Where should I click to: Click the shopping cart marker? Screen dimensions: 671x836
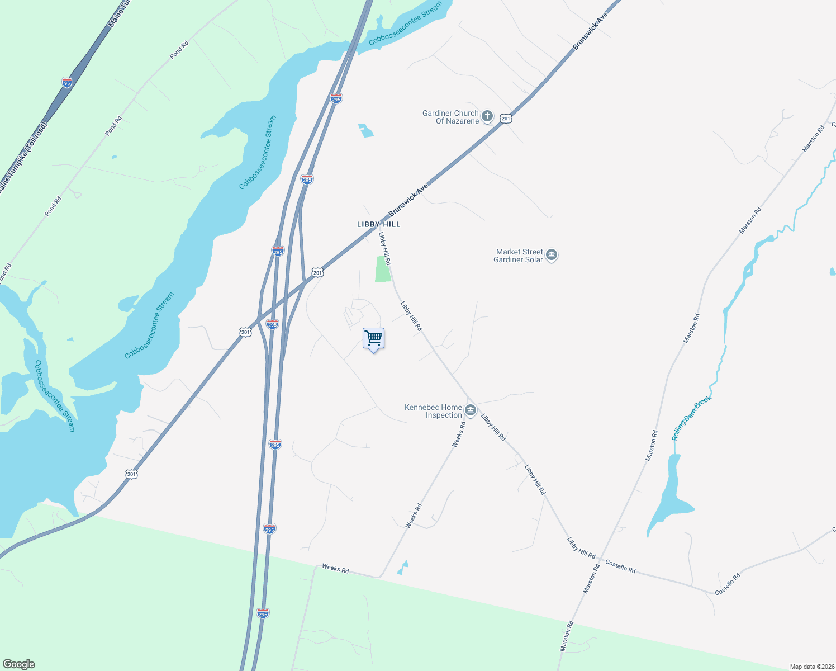point(373,339)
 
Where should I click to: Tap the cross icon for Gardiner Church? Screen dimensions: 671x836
point(487,116)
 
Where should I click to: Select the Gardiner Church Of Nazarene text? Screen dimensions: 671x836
point(450,117)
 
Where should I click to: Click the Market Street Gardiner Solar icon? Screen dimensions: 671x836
point(552,256)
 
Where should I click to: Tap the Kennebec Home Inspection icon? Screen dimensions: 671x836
point(471,411)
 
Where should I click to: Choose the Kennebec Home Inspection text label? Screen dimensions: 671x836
point(434,411)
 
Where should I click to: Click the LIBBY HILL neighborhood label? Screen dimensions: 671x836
point(379,224)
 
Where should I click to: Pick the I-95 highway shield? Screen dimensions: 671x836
point(67,83)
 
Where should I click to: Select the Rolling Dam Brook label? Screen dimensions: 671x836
point(691,418)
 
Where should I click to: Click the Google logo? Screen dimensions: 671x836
point(19,664)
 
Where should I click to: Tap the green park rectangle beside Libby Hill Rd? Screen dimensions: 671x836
point(383,269)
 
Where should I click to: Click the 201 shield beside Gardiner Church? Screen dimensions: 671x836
point(506,119)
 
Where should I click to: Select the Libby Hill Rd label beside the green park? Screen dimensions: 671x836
point(385,248)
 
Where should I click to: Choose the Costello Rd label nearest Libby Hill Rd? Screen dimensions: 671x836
point(620,566)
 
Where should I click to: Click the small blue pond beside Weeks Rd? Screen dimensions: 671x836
point(402,568)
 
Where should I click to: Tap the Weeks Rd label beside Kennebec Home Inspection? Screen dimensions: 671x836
point(459,434)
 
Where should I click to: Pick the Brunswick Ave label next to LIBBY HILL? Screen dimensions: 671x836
point(408,200)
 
